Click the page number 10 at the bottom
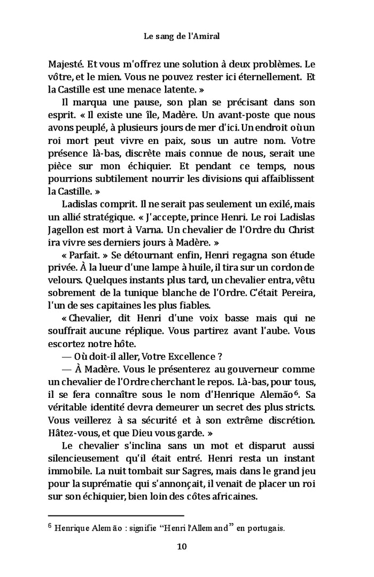tap(181, 547)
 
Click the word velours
tap(64, 280)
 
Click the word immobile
tap(68, 472)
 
